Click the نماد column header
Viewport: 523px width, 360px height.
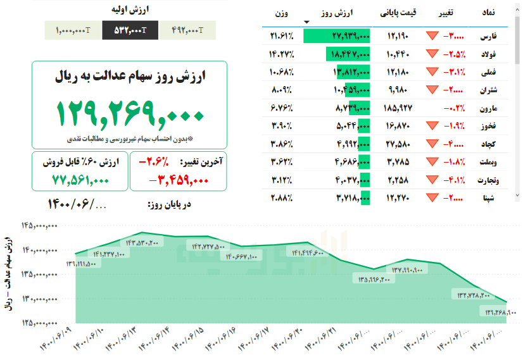[489, 13]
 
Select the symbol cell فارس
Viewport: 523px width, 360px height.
[489, 36]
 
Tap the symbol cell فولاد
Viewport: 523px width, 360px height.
[489, 54]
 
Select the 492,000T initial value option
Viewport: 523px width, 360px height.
[187, 30]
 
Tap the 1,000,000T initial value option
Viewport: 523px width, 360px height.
[73, 30]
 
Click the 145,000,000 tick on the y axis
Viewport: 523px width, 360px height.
[39, 225]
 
